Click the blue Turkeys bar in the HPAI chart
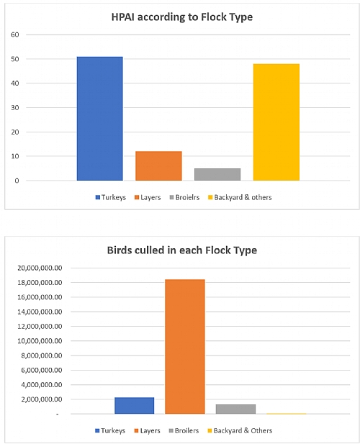[99, 119]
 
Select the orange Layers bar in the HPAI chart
[158, 166]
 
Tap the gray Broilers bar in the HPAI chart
[217, 175]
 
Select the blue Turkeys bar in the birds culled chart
[134, 406]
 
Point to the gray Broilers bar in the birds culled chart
[235, 409]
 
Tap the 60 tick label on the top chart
[14, 35]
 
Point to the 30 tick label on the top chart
[14, 107]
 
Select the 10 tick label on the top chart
[14, 156]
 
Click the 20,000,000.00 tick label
[39, 268]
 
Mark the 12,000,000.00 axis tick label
[39, 326]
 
